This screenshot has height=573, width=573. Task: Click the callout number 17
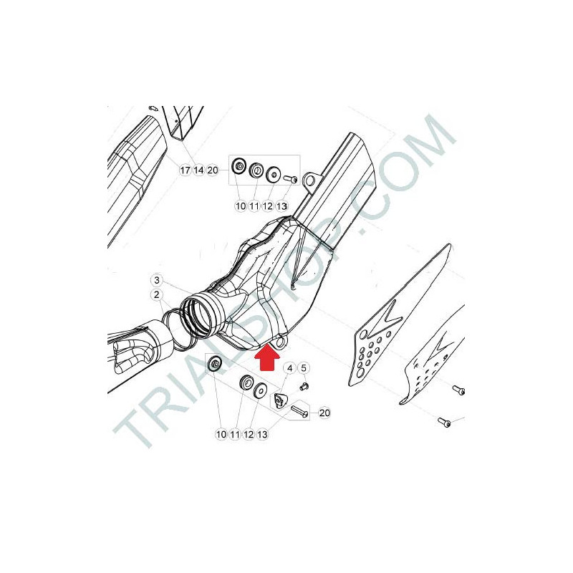(185, 170)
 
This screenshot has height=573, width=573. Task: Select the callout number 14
(198, 170)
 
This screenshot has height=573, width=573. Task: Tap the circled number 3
(157, 280)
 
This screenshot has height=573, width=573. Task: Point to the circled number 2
(157, 294)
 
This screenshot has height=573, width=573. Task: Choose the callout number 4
(290, 368)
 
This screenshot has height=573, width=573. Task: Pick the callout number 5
(304, 368)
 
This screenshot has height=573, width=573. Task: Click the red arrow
(267, 357)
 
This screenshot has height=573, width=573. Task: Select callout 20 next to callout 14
(212, 170)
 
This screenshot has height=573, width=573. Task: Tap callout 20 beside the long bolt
(324, 413)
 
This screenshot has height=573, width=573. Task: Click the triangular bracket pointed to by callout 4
(279, 401)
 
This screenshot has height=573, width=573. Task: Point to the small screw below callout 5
(304, 386)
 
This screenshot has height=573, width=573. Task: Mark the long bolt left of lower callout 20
(299, 411)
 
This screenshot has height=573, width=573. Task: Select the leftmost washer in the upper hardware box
(239, 166)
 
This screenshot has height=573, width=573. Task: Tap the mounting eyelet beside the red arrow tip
(281, 342)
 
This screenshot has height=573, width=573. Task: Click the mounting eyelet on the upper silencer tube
(310, 180)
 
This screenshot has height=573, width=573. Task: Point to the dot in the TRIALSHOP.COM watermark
(363, 231)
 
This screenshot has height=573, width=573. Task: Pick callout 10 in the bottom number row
(221, 435)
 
